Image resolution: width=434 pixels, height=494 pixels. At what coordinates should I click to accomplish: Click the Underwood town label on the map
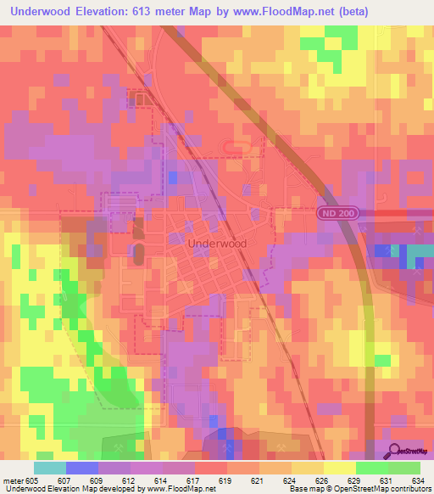point(216,243)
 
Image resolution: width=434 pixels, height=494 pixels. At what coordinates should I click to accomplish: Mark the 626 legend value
point(322,480)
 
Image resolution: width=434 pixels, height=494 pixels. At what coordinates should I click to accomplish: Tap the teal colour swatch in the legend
point(50,468)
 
